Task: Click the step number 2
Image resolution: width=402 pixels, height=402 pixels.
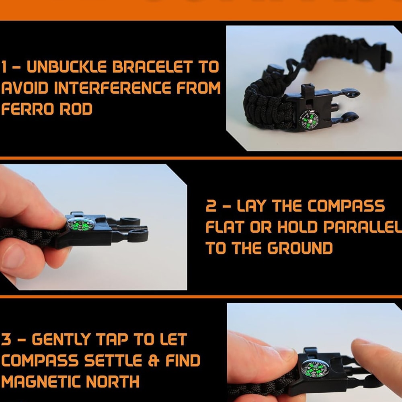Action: pos(211,207)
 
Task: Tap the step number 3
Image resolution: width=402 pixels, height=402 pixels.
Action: pos(6,340)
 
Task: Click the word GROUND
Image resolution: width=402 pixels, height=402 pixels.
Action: pos(300,248)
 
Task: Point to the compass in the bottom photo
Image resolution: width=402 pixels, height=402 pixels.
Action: pos(315,369)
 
